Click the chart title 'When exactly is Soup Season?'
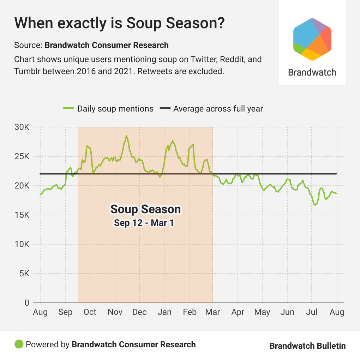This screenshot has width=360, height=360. [x=120, y=23]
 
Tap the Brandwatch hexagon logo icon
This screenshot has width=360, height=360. [x=312, y=39]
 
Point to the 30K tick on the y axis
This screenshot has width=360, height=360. [x=22, y=127]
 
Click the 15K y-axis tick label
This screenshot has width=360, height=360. [x=22, y=215]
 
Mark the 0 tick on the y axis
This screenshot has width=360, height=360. [x=26, y=303]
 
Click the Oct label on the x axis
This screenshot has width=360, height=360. [x=90, y=312]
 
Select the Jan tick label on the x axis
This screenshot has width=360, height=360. [x=165, y=312]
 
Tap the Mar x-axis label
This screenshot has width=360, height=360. [x=213, y=312]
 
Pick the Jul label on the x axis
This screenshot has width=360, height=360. [x=312, y=312]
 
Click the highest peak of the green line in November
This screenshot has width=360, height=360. [x=126, y=136]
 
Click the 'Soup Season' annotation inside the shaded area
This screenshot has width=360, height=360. [x=145, y=209]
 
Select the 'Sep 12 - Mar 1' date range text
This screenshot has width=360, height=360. [x=144, y=223]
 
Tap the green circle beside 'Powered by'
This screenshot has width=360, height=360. [x=19, y=344]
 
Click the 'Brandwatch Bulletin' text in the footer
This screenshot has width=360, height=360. [x=307, y=346]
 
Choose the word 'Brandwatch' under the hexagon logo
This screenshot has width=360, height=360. [x=312, y=73]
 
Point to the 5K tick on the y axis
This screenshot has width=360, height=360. [x=24, y=274]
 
